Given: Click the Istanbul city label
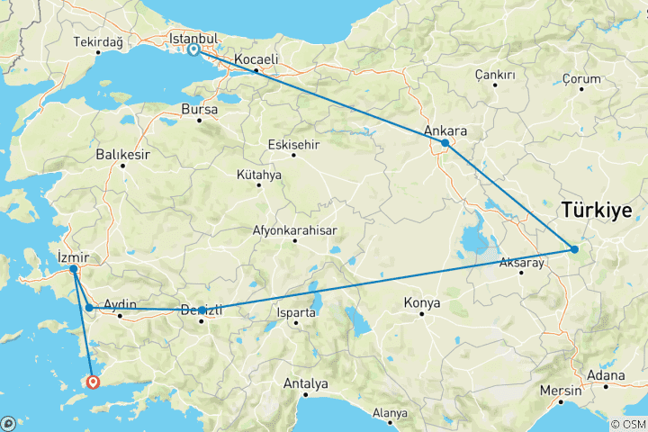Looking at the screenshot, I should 194,39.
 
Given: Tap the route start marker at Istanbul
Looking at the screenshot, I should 194,50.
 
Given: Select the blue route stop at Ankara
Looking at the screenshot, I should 445,143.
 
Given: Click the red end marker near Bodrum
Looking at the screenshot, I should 93,382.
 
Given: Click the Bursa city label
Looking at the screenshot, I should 199,109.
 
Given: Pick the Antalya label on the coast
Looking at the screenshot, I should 305,383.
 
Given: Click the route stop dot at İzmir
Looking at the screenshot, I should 73,268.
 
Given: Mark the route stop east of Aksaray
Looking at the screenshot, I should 575,249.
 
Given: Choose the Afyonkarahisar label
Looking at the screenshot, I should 294,230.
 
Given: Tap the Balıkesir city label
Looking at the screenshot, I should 122,154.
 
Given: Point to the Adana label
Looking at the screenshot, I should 605,374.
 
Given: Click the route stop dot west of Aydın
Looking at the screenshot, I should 89,308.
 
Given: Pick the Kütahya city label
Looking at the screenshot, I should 259,175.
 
